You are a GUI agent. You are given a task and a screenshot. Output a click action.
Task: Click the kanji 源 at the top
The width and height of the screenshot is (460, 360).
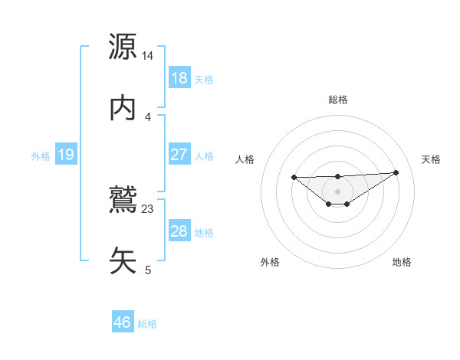point(123,47)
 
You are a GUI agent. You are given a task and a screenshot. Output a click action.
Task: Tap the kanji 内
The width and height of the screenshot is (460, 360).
point(123,108)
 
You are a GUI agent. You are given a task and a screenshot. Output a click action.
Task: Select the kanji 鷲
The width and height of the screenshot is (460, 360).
point(123,200)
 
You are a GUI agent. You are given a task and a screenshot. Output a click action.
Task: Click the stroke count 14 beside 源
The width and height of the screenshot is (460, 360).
point(148,56)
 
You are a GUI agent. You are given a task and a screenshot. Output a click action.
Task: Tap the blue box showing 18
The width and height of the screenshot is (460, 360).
point(179,78)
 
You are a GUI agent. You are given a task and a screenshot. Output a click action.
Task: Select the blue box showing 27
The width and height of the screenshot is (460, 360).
point(179,155)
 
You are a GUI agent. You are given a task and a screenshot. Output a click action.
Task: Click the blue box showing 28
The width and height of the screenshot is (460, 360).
point(179,231)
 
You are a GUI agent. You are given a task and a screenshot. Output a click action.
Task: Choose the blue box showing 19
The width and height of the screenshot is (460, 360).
point(65,155)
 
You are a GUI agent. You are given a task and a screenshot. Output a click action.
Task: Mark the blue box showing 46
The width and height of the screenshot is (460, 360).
point(122,322)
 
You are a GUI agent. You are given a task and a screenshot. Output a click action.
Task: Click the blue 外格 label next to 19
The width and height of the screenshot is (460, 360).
point(41,155)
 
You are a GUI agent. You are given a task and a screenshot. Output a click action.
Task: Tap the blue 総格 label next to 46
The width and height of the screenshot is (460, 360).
point(147,324)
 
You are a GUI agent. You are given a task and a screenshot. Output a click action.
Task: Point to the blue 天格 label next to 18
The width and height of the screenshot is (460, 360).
point(204,79)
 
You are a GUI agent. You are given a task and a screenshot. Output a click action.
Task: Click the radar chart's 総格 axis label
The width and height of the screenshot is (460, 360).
point(337,100)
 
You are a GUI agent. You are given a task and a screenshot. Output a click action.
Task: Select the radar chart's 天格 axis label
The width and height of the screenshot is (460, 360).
point(432,159)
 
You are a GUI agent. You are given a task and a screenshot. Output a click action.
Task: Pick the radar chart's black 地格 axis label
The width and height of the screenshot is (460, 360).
point(402,262)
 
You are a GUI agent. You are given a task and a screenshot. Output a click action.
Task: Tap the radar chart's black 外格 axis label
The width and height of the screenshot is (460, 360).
point(270,262)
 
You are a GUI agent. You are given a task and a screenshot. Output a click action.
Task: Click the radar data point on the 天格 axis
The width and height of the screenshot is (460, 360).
point(396,172)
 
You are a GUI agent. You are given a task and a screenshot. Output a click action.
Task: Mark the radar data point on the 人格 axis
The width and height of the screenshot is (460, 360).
point(294,177)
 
